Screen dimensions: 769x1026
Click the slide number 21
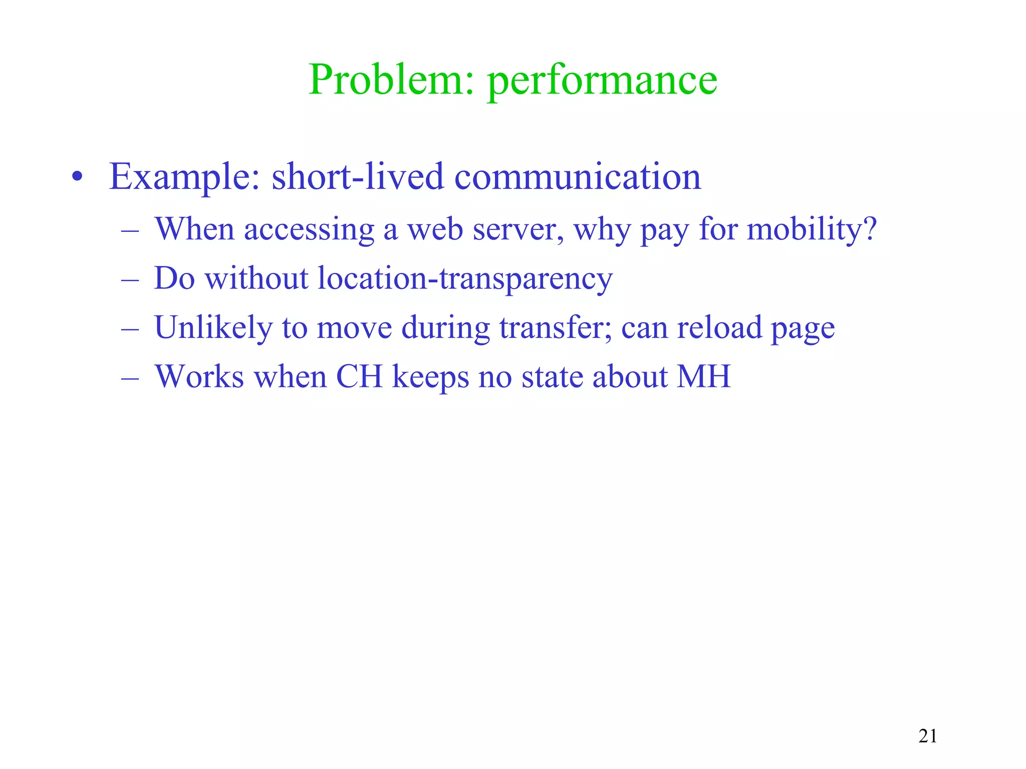[928, 736]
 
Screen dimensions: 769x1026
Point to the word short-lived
[357, 177]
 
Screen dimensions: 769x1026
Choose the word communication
[577, 177]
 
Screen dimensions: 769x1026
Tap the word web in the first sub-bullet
[434, 229]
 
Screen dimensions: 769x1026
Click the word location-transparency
[465, 279]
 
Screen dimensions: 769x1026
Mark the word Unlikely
[213, 328]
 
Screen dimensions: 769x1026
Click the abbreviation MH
[703, 376]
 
